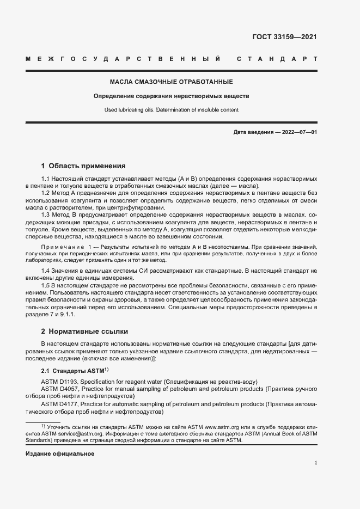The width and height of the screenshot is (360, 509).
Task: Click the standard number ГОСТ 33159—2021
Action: coord(284,38)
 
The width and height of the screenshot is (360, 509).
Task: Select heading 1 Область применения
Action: coord(83,165)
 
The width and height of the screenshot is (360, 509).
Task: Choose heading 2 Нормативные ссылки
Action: coord(84,330)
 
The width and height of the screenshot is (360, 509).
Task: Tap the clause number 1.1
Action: coord(46,179)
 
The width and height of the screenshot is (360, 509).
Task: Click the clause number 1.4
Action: coord(46,271)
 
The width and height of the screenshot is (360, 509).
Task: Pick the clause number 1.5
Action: coord(46,285)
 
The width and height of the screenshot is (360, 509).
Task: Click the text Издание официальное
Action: coord(60,453)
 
